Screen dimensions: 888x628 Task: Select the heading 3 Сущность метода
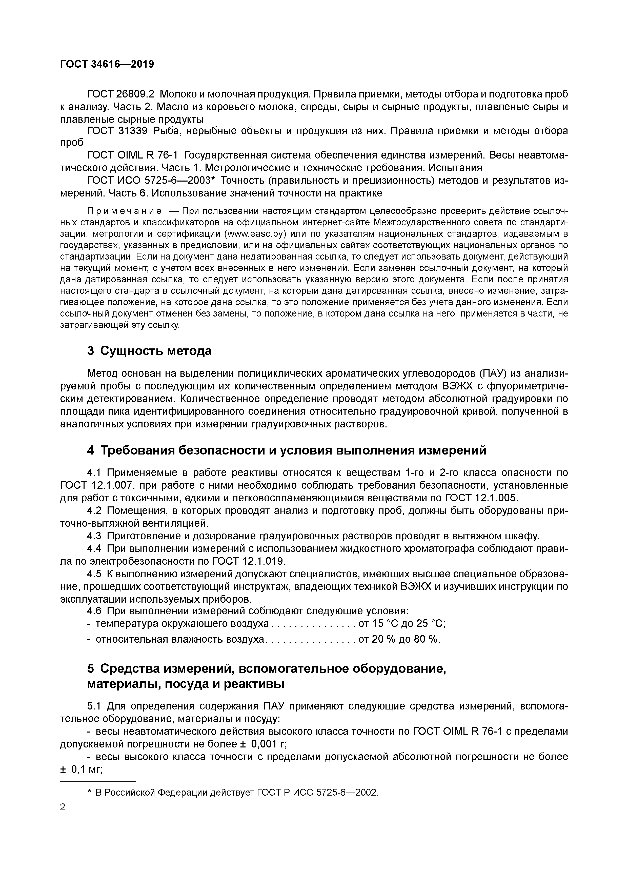pos(149,351)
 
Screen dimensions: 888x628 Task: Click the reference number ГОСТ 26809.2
pos(121,94)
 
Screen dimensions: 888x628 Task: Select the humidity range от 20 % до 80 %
pos(399,639)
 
